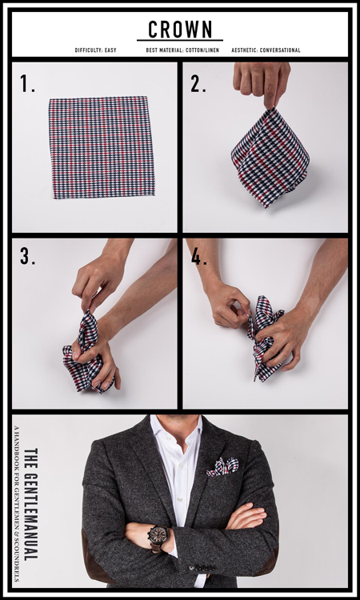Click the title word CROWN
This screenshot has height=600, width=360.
(x=180, y=30)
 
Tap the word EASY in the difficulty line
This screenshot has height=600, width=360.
(x=110, y=50)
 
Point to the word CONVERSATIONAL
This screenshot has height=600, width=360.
(x=280, y=50)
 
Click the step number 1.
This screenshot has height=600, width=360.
(x=26, y=83)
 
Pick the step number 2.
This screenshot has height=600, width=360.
(x=198, y=83)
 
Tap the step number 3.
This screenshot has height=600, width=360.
(x=27, y=256)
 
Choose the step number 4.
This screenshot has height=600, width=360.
(x=199, y=256)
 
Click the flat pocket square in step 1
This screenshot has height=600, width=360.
(x=102, y=147)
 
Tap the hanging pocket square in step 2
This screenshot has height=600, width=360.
(x=270, y=157)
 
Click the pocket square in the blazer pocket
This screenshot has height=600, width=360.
(x=222, y=467)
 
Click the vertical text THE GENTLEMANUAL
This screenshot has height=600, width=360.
(x=31, y=504)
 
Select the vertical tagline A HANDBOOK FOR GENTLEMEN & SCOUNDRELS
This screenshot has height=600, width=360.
(x=17, y=503)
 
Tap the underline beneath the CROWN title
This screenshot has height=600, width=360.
(x=180, y=40)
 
